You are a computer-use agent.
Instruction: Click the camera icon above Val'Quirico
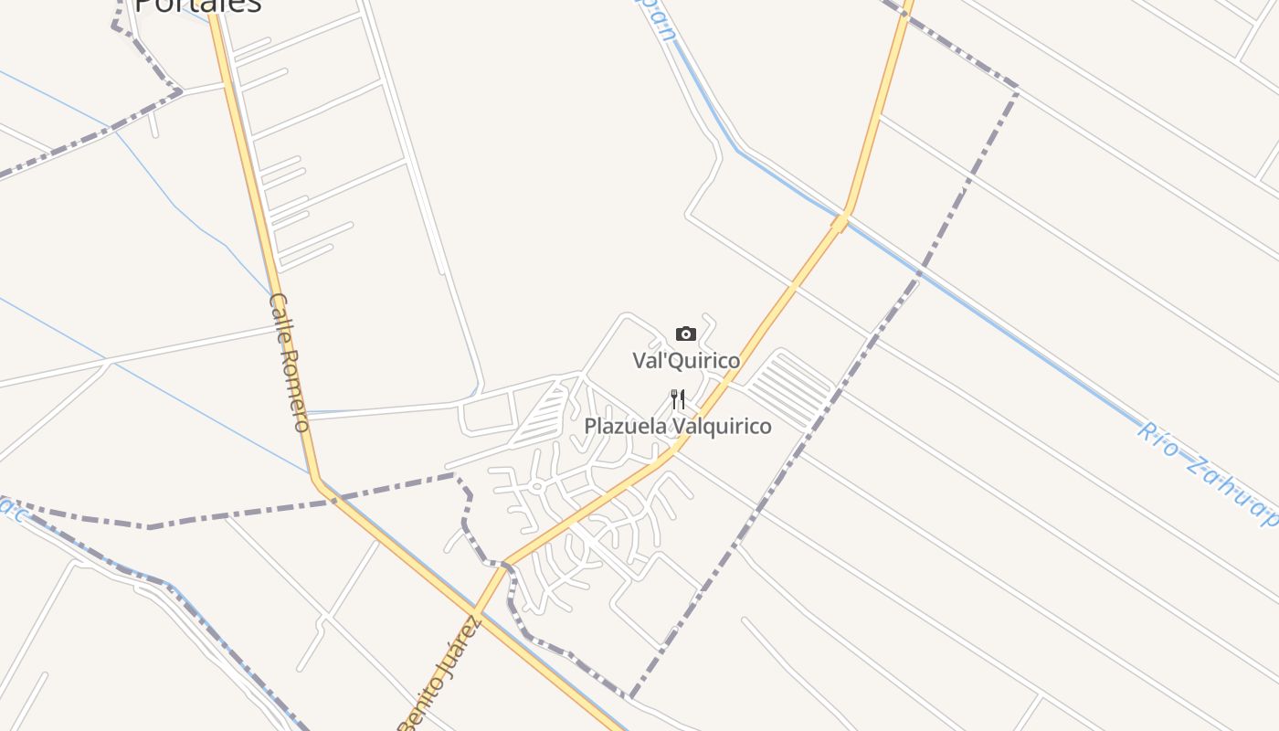686,334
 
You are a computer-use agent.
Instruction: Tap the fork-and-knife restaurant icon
678,399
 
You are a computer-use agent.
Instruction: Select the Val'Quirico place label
686,360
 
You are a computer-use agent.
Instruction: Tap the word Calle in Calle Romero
280,314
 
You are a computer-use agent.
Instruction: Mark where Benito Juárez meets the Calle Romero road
474,610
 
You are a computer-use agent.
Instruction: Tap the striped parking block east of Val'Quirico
790,389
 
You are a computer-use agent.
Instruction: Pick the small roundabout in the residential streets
537,487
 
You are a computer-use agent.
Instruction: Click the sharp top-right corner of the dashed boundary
1017,89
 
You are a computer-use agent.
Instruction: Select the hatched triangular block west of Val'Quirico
543,415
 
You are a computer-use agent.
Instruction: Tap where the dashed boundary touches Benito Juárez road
505,563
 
